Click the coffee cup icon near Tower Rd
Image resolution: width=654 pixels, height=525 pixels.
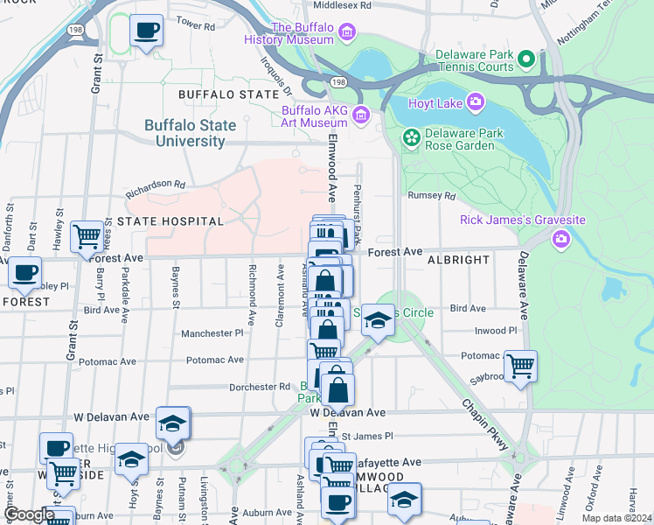[146, 30]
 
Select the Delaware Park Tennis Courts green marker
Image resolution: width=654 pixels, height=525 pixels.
[526, 59]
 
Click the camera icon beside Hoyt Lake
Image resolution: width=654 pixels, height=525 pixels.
[476, 102]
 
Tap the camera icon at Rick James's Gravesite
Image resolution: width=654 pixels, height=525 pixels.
[560, 238]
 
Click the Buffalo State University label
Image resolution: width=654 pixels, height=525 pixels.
[190, 133]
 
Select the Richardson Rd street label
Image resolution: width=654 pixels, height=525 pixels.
[156, 185]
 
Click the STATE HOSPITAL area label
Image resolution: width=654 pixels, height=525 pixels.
[170, 221]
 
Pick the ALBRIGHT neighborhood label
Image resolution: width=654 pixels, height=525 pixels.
[458, 261]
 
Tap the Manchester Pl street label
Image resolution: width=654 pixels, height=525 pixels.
[212, 333]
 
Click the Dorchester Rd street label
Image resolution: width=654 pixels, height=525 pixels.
[260, 386]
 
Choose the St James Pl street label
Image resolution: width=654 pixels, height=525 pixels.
[367, 436]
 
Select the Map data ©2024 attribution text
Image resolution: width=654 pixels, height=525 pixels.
[616, 518]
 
